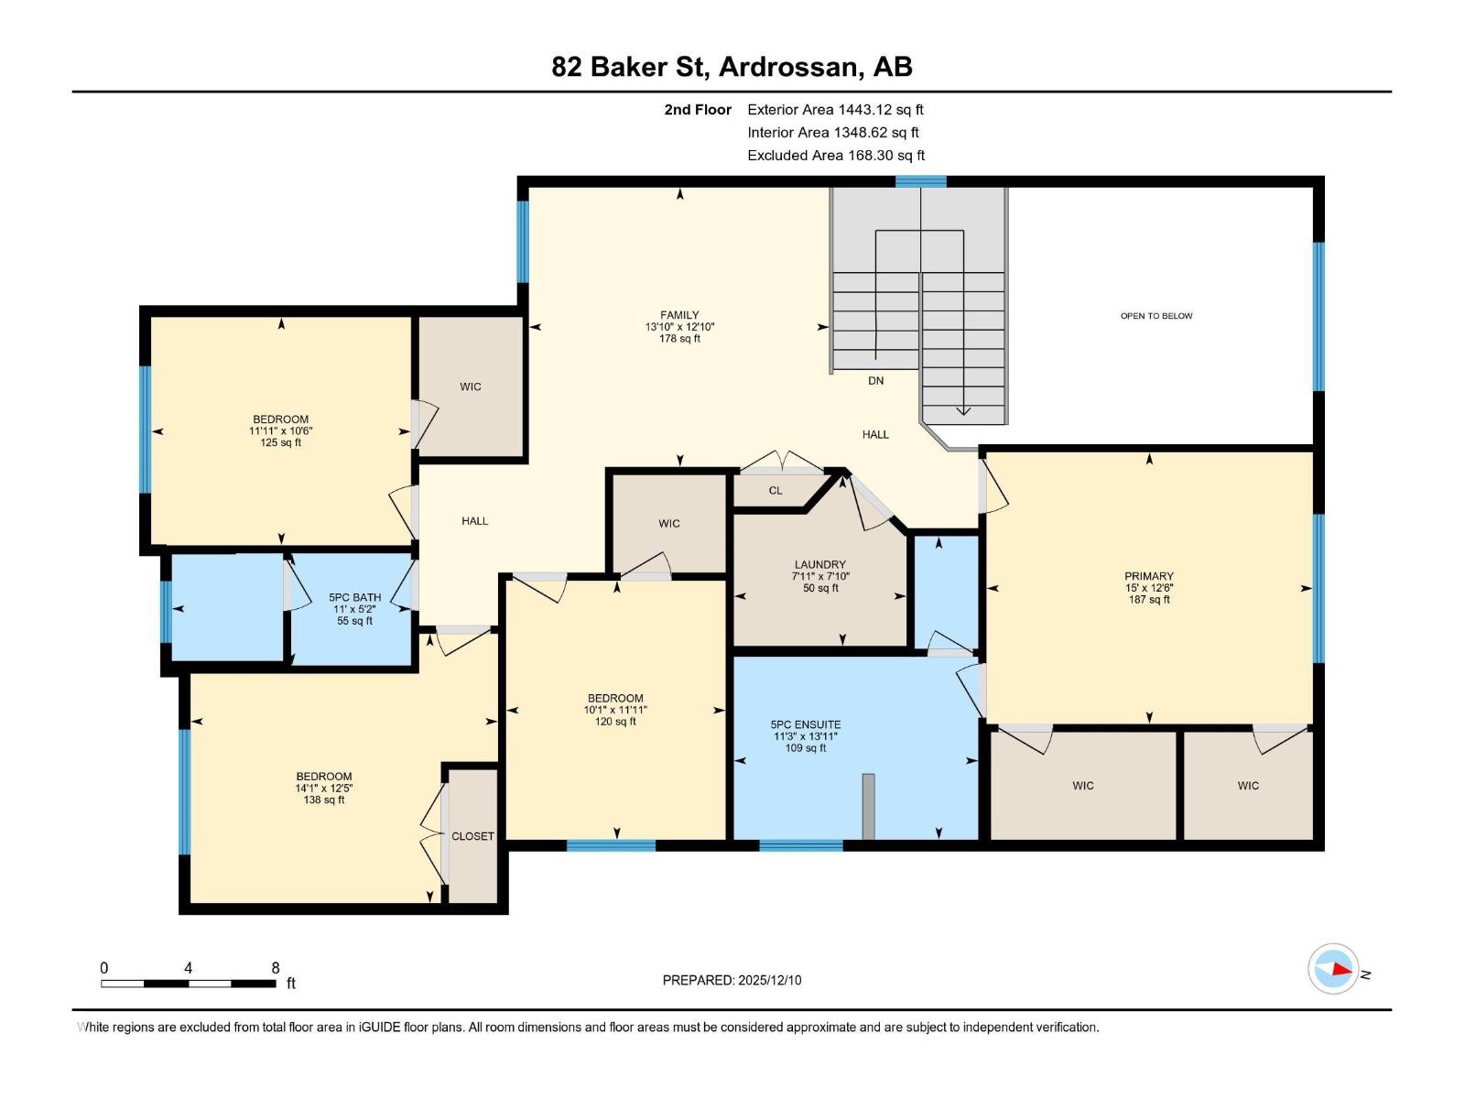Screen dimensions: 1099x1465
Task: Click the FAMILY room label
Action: pos(679,315)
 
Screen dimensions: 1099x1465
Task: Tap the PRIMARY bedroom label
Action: pos(1148,577)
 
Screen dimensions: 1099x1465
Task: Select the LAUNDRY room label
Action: pos(819,565)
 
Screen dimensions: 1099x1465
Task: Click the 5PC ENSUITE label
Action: pos(806,724)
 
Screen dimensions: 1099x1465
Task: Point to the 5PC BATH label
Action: pos(355,597)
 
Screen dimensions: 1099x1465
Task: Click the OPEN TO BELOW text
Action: pos(1156,316)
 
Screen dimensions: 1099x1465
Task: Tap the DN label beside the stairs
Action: pos(875,381)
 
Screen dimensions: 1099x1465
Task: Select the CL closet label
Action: pos(776,491)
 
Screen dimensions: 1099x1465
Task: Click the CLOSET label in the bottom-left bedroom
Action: pos(472,836)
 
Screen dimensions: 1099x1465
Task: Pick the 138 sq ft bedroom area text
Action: pos(324,800)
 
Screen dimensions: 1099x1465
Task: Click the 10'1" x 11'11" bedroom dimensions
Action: pos(615,710)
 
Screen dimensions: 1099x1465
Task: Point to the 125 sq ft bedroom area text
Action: pos(280,443)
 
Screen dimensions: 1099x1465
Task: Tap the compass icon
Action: pos(1333,969)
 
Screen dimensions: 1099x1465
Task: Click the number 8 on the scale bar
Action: pos(276,968)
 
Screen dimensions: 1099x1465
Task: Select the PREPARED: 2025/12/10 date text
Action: pos(732,980)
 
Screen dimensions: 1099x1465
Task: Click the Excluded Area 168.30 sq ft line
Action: pos(836,156)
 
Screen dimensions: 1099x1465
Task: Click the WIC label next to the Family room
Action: pos(471,386)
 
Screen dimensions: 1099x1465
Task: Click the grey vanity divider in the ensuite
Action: pos(868,806)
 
